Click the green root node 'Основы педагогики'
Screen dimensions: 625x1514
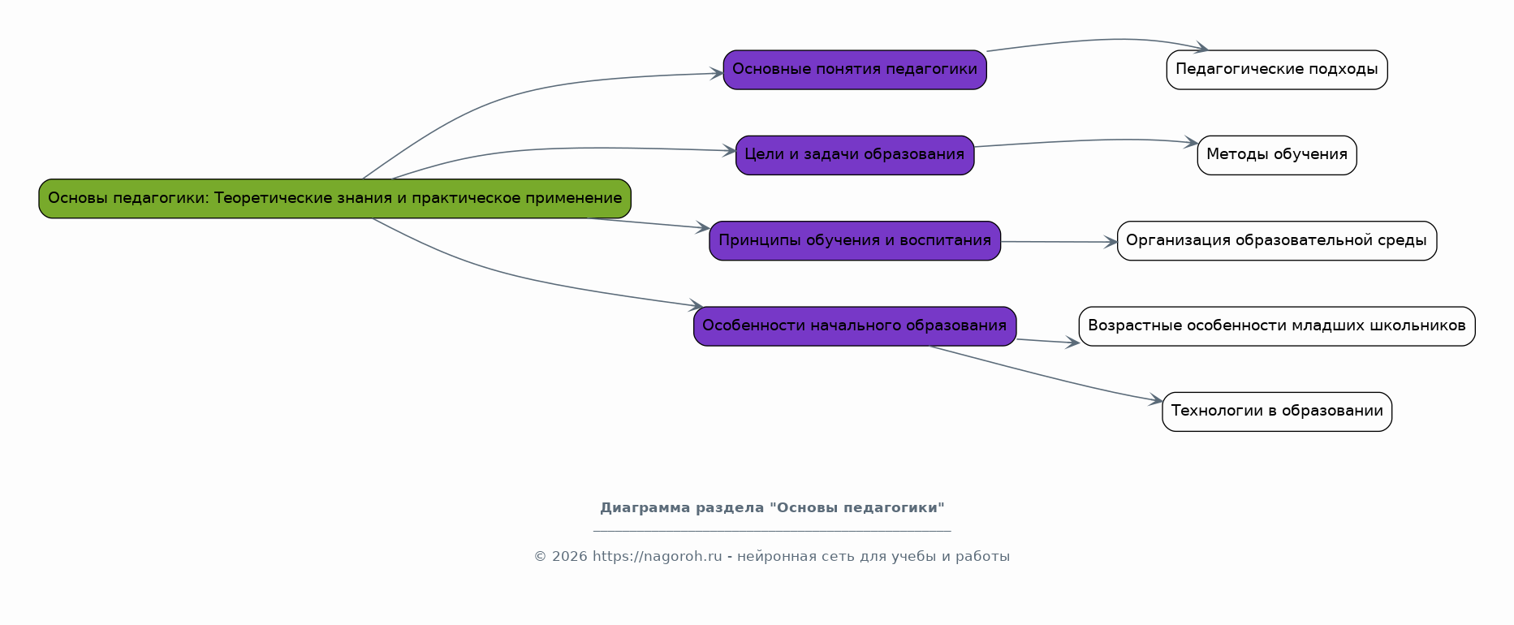tap(334, 199)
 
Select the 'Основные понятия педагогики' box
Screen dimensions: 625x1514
tap(855, 70)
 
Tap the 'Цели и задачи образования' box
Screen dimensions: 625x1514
tap(855, 155)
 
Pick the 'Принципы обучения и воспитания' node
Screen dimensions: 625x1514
tap(855, 241)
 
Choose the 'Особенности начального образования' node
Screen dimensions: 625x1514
tap(855, 326)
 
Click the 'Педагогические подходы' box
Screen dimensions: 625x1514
tap(1277, 70)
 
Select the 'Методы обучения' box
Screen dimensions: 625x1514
tap(1277, 155)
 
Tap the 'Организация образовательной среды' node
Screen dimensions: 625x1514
tap(1277, 241)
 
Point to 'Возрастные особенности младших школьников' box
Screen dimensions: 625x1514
tap(1277, 326)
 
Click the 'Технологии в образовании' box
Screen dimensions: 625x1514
tap(1277, 412)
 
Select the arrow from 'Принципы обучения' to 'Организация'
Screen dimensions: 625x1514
tap(1055, 242)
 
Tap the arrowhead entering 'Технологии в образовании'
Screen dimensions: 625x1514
tap(1156, 400)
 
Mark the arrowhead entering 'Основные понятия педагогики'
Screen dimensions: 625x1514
tap(717, 74)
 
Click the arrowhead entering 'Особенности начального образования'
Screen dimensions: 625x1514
tap(696, 306)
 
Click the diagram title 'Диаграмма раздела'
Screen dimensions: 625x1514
tap(772, 508)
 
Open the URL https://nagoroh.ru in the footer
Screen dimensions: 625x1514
tap(657, 557)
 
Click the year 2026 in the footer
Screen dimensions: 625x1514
tap(570, 557)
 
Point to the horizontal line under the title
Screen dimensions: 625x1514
tap(772, 531)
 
